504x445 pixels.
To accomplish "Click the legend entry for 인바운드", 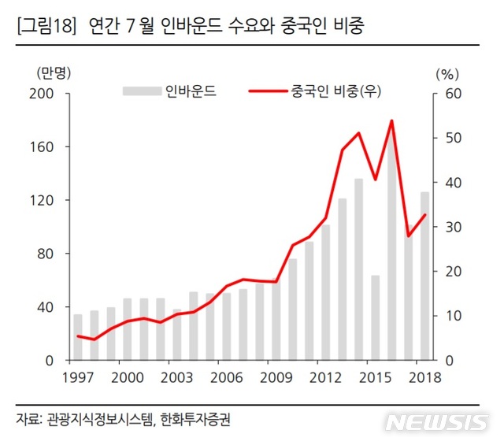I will [169, 92].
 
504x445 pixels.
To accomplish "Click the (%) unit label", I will [446, 74].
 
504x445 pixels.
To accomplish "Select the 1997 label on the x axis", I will [77, 376].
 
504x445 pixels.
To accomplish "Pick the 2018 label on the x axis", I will [424, 376].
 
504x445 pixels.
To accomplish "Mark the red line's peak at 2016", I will [391, 121].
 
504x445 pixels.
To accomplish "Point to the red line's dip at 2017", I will [408, 235].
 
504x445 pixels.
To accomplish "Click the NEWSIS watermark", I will [436, 422].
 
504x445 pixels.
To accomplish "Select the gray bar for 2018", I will [424, 276].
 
